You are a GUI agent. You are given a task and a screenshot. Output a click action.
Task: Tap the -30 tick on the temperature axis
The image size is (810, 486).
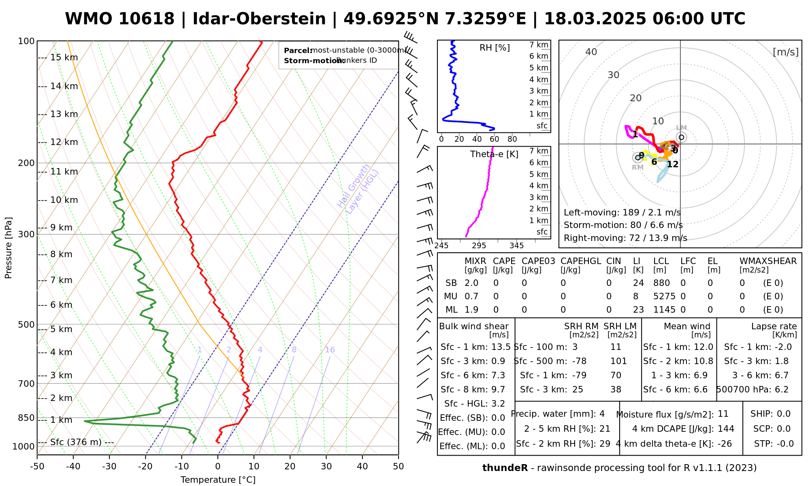[109, 467]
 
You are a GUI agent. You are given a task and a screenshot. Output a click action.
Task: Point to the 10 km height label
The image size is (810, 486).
[64, 200]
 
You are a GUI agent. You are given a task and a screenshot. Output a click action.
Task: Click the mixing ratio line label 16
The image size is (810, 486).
[330, 350]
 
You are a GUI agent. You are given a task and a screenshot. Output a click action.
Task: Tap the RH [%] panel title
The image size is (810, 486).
[495, 48]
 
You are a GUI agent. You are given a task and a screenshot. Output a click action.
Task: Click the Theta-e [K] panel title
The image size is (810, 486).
[494, 154]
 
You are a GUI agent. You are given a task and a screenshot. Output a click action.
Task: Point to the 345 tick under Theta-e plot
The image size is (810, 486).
[516, 246]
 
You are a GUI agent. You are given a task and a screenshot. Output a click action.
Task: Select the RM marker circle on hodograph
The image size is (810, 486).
[638, 158]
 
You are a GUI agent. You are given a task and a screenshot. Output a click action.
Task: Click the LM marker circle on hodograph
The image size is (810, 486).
[681, 137]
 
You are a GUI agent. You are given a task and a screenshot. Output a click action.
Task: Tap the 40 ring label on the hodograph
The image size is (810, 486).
[591, 52]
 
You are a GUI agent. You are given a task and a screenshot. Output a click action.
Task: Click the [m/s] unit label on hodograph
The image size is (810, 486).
[785, 52]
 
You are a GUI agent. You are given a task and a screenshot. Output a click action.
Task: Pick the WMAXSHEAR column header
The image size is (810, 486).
[768, 261]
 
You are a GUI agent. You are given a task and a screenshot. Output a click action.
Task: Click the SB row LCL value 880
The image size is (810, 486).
[661, 283]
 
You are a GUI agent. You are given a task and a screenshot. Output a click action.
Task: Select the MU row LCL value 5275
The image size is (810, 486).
[664, 296]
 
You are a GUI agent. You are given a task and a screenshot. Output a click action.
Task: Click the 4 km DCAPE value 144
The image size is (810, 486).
[726, 429]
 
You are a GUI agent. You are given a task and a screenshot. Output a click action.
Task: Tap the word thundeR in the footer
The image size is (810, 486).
[505, 468]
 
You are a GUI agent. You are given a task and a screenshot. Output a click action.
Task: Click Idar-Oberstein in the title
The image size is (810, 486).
[259, 19]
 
